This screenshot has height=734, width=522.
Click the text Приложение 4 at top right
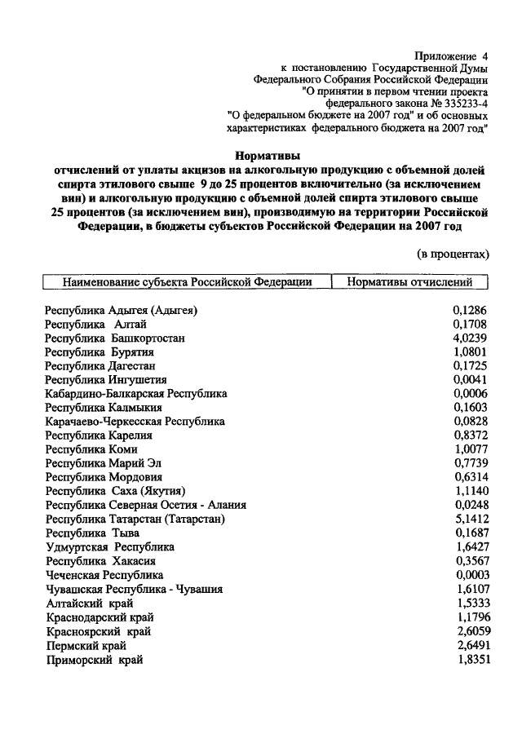449,56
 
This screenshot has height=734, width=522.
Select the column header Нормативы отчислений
410,282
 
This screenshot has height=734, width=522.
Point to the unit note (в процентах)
453,254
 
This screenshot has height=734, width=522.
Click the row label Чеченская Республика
104,575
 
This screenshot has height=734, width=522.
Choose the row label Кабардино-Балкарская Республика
136,393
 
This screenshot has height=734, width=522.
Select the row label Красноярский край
98,631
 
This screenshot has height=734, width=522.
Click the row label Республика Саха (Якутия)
116,491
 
